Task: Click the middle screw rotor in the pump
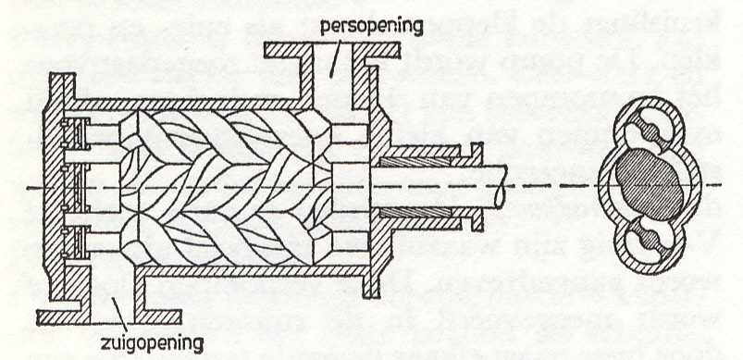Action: click(x=222, y=186)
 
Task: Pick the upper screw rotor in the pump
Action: click(x=222, y=135)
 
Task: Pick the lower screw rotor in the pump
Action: click(x=222, y=237)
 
